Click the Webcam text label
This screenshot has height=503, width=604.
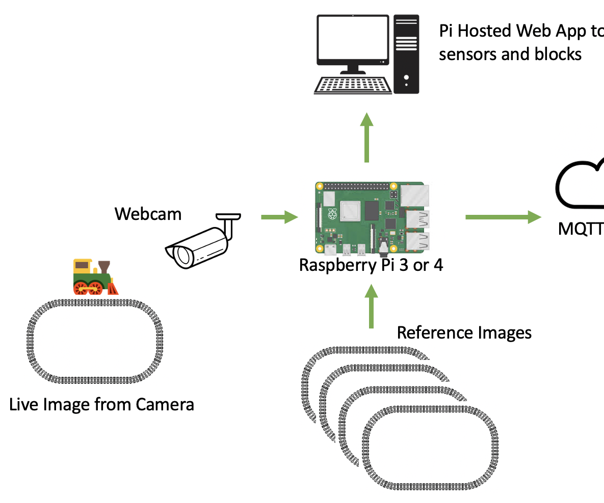(x=148, y=214)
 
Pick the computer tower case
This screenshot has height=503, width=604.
(x=406, y=53)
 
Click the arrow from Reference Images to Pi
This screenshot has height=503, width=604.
(x=372, y=305)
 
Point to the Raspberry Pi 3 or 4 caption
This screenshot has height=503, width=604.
(x=371, y=266)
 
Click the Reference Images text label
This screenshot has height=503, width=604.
(x=464, y=333)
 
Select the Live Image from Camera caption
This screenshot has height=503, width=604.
(x=102, y=405)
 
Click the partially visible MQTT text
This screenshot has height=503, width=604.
(x=581, y=229)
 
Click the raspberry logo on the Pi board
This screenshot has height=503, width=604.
(x=333, y=214)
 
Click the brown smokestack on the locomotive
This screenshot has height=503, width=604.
(x=104, y=267)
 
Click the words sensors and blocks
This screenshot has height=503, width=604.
(x=510, y=54)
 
